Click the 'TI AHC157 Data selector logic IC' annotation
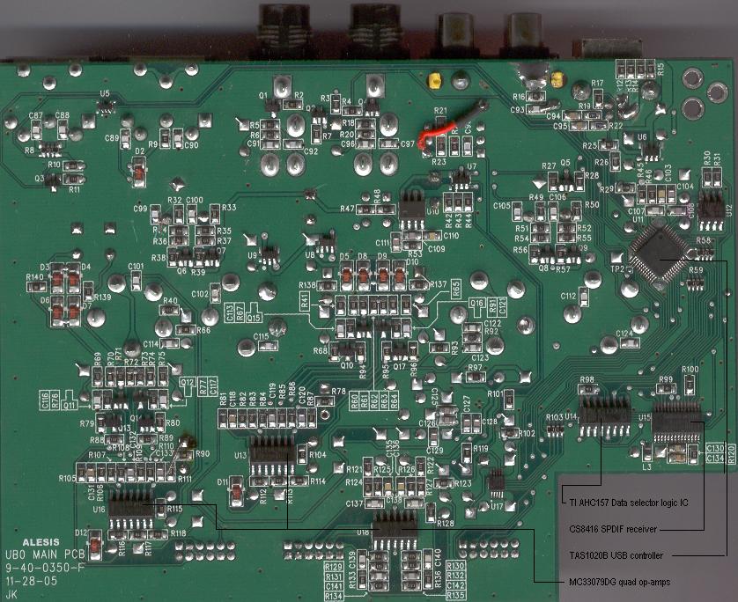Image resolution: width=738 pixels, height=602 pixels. (x=624, y=502)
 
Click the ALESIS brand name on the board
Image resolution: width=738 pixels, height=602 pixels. (x=40, y=542)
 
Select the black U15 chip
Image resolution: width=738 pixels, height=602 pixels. (x=678, y=427)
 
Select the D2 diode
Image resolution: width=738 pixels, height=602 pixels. (x=138, y=173)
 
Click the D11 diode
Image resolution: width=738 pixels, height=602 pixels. (x=236, y=494)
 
